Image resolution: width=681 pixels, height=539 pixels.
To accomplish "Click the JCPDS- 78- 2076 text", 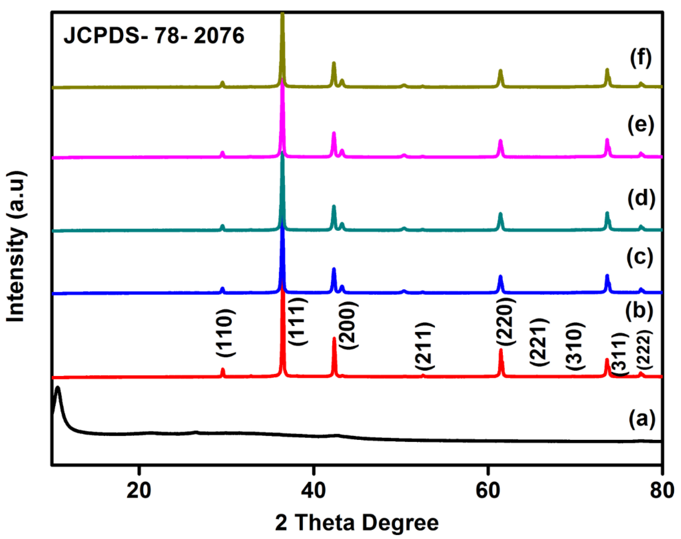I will point(154,35).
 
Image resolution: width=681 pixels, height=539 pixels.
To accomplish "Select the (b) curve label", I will point(639,311).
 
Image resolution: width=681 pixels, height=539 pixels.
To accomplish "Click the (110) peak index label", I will point(226,333).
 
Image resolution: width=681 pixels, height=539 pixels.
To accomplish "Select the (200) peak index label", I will point(348,325).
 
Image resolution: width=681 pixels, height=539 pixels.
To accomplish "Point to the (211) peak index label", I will point(425,346).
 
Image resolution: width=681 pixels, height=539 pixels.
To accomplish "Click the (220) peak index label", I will point(505,322).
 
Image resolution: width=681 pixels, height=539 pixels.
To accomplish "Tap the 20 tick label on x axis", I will point(139,491).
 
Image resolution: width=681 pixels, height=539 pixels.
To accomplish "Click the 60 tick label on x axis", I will point(488,491).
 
